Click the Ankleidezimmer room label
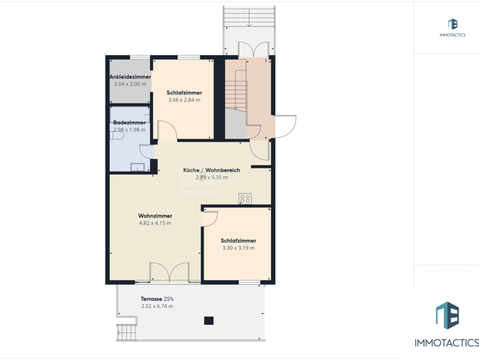point(130,77)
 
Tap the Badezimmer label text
point(129,123)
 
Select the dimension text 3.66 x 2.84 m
point(184,100)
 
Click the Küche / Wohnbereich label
point(212,170)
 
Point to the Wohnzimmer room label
point(155,216)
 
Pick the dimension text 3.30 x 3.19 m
point(238,248)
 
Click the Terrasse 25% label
point(157,299)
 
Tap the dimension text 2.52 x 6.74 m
point(157,306)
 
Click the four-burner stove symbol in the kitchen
point(245,198)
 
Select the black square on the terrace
point(209,320)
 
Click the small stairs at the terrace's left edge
point(125,332)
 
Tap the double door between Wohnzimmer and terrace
point(169,272)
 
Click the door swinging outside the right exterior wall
point(285,126)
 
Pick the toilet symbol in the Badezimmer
point(118,136)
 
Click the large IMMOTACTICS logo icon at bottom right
point(447,316)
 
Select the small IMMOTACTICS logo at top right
point(452,25)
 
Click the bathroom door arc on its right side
point(147,152)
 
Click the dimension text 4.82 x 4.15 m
point(155,224)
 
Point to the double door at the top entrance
point(253,50)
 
